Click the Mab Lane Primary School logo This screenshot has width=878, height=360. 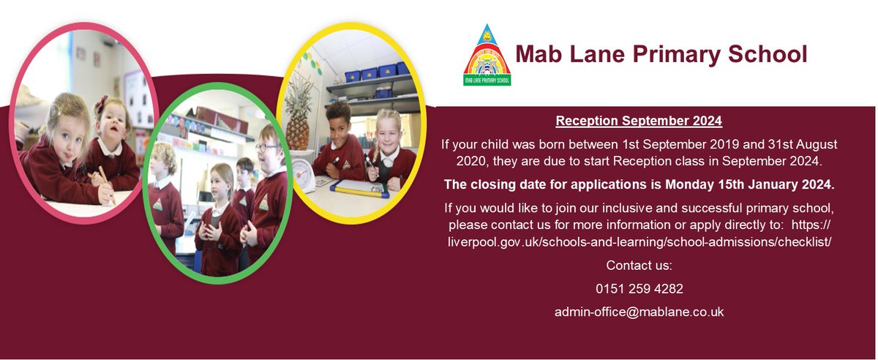[487, 55]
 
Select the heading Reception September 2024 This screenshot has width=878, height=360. [639, 121]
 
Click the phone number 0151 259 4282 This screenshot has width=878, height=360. [639, 288]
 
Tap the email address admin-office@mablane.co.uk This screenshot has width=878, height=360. [639, 312]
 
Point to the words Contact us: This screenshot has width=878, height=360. [639, 265]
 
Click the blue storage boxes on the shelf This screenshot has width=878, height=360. [377, 72]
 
